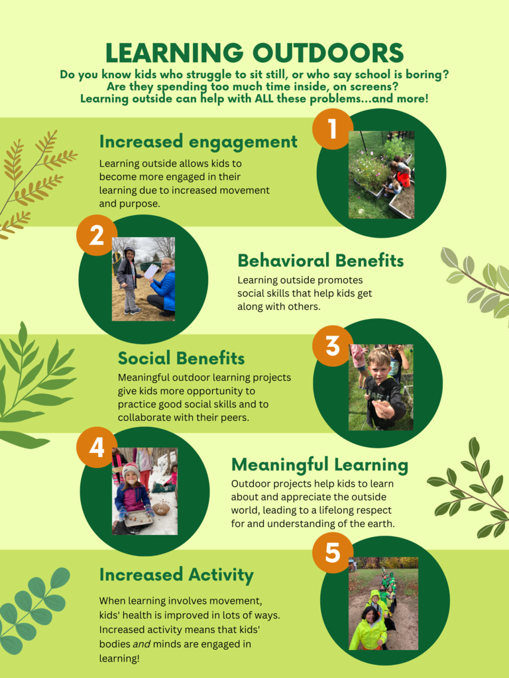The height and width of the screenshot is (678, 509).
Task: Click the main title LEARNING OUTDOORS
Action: coord(254,53)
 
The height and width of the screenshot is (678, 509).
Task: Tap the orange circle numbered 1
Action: coord(332,128)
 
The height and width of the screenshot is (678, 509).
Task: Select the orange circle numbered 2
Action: coord(97,235)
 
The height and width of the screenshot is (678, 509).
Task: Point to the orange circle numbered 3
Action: coord(332,345)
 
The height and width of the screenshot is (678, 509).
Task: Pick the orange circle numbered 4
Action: coord(97,448)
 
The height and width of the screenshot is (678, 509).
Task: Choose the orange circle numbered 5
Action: coord(332,552)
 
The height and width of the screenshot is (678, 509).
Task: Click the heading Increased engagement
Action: coord(198,142)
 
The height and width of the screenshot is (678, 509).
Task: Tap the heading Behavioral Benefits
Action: coord(320,260)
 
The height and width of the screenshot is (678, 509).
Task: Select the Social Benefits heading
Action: coord(181,358)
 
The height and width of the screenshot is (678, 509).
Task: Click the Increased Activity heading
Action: coord(176,575)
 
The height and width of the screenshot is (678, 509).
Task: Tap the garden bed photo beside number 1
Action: coord(381,175)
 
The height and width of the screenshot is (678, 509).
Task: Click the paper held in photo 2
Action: coord(151,271)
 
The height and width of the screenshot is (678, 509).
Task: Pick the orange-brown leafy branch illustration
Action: coord(33,182)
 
